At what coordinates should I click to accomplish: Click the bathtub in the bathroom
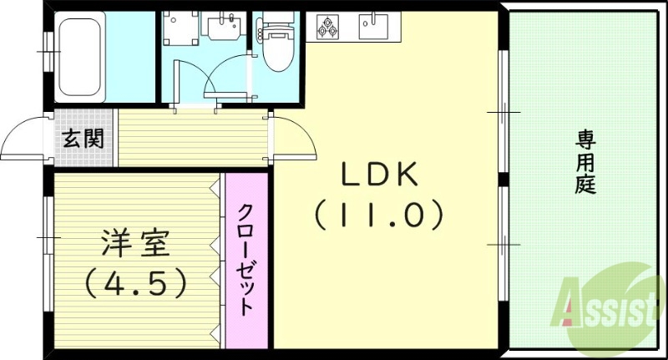tap(81, 57)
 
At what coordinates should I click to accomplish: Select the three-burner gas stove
tap(326, 28)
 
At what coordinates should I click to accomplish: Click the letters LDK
tap(377, 176)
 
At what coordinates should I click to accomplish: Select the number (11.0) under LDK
tap(377, 215)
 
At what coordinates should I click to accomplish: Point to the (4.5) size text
tap(135, 284)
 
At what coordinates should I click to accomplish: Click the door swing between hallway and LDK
tap(296, 138)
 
